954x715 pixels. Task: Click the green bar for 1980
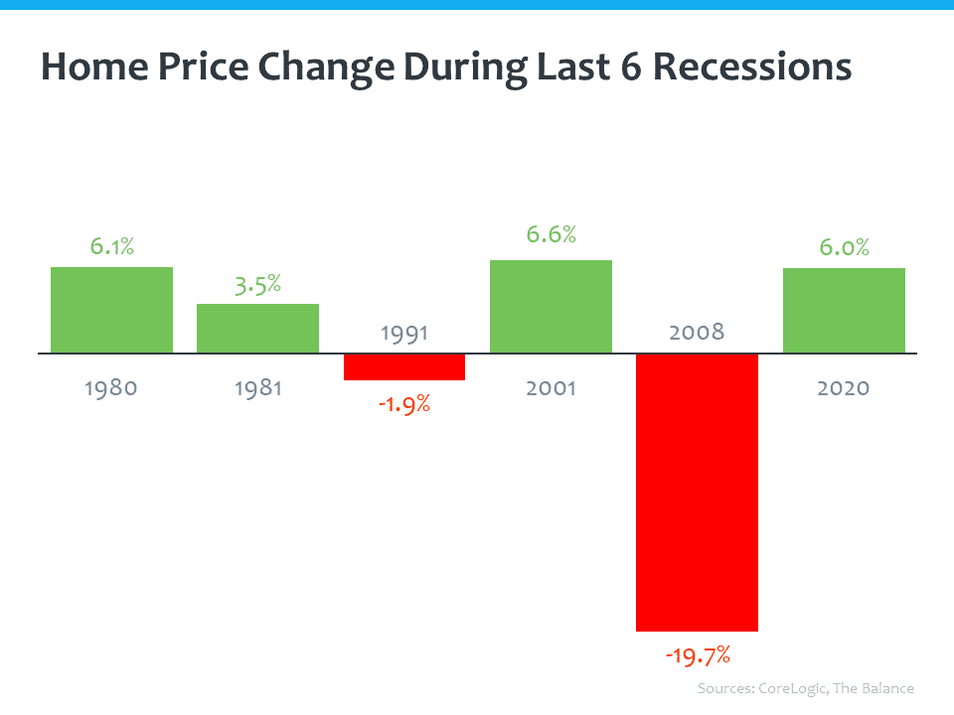pyautogui.click(x=111, y=310)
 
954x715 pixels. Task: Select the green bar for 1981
pyautogui.click(x=257, y=328)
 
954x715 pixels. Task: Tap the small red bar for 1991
pyautogui.click(x=404, y=366)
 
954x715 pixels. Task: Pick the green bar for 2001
pyautogui.click(x=551, y=306)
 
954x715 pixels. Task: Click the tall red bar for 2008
pyautogui.click(x=697, y=492)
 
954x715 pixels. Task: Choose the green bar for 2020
pyautogui.click(x=844, y=310)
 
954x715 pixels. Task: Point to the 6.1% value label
pyautogui.click(x=111, y=246)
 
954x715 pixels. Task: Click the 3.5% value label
pyautogui.click(x=257, y=284)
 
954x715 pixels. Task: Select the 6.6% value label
pyautogui.click(x=551, y=235)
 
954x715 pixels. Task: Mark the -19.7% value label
pyautogui.click(x=697, y=655)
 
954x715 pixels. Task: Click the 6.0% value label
pyautogui.click(x=844, y=247)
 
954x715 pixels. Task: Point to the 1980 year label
pyautogui.click(x=111, y=387)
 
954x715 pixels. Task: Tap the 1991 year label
pyautogui.click(x=404, y=332)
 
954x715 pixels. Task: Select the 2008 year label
pyautogui.click(x=697, y=332)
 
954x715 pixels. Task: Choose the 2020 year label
pyautogui.click(x=844, y=387)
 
